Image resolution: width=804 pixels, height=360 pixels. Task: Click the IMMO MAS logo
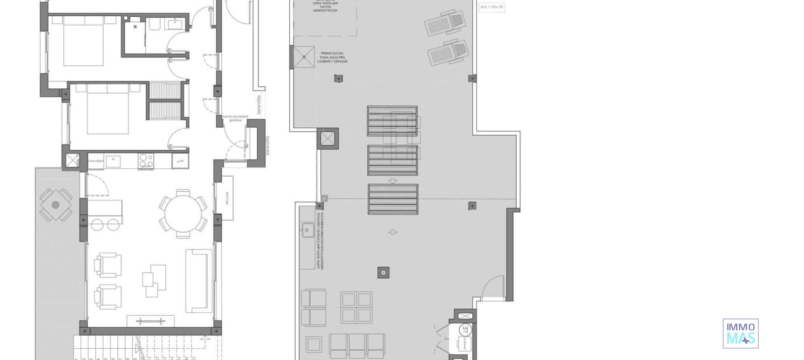(x=740, y=334)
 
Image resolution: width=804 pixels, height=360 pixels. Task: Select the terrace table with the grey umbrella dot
(x=56, y=205)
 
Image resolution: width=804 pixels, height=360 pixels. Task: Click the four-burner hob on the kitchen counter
(x=146, y=160)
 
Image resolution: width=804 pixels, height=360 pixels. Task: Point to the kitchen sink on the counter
(x=113, y=160)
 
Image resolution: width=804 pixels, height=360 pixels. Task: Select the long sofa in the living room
(x=198, y=280)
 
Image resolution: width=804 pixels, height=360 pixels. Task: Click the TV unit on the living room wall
(x=150, y=321)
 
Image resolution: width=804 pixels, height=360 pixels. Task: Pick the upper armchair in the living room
(x=108, y=265)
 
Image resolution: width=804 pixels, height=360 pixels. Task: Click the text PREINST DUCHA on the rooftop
(x=332, y=54)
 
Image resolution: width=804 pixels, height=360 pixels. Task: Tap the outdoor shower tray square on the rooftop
(x=304, y=57)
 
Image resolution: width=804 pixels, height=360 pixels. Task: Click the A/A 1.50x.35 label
(x=492, y=7)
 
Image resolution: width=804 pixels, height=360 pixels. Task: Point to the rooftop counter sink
(x=307, y=230)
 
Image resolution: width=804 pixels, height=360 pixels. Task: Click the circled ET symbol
(x=464, y=329)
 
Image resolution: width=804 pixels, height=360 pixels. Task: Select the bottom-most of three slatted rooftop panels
(x=393, y=199)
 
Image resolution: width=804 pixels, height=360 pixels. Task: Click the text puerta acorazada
(x=235, y=116)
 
